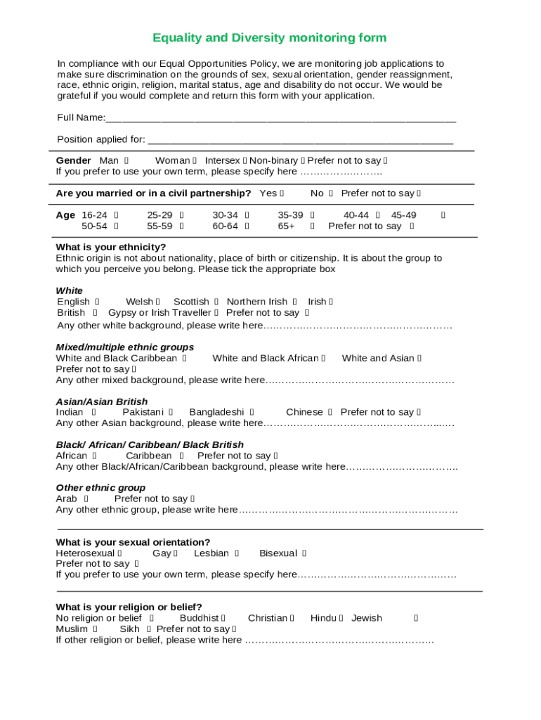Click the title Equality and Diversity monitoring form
pyautogui.click(x=270, y=38)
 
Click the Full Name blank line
pyautogui.click(x=281, y=119)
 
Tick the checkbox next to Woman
pyautogui.click(x=195, y=161)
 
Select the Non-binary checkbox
pyautogui.click(x=302, y=161)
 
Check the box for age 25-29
pyautogui.click(x=181, y=215)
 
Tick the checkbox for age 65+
pyautogui.click(x=312, y=226)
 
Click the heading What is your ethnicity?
pyautogui.click(x=111, y=247)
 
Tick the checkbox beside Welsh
pyautogui.click(x=158, y=302)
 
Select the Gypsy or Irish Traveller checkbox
pyautogui.click(x=216, y=313)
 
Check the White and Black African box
pyautogui.click(x=324, y=359)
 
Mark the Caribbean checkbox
pyautogui.click(x=181, y=456)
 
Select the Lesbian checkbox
pyautogui.click(x=237, y=554)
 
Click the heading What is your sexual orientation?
pyautogui.click(x=133, y=542)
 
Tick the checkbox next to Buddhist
pyautogui.click(x=223, y=619)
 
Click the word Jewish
pyautogui.click(x=367, y=618)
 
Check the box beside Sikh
pyautogui.click(x=150, y=629)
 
